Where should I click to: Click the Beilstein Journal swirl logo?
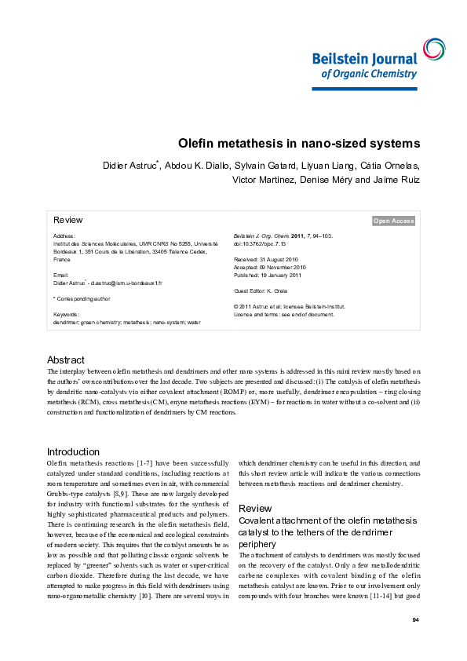(x=432, y=49)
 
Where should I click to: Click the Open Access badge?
(x=393, y=221)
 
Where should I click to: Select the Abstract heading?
(x=65, y=360)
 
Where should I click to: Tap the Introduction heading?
(x=73, y=451)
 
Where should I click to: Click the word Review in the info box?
(x=67, y=220)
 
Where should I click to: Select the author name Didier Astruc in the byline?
(x=130, y=166)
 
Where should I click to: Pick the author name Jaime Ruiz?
(x=398, y=180)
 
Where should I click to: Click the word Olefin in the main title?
(x=197, y=144)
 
